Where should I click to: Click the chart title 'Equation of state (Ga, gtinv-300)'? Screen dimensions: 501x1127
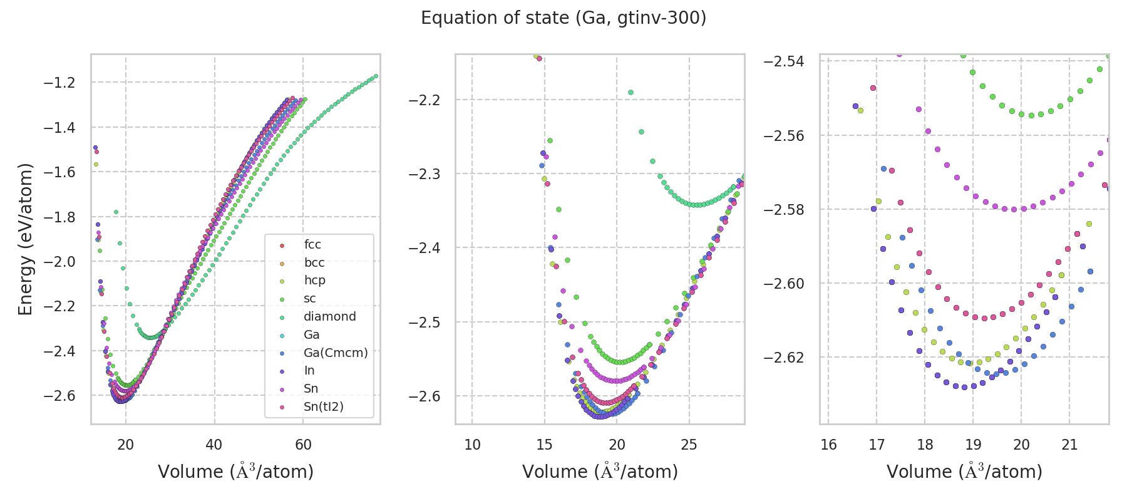[563, 18]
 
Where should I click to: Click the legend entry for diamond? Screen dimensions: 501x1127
[329, 317]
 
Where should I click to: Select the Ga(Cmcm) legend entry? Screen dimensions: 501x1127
[336, 353]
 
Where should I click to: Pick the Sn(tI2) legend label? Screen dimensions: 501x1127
[323, 407]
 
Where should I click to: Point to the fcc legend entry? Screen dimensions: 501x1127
[312, 245]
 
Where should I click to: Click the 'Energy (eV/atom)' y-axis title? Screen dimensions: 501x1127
[25, 239]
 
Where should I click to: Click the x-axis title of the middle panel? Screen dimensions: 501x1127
[600, 472]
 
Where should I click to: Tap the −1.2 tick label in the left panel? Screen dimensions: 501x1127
[59, 83]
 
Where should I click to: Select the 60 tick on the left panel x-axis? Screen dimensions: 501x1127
[303, 445]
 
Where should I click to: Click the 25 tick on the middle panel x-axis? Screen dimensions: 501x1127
[689, 445]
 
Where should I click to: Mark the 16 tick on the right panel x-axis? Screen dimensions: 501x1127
[828, 445]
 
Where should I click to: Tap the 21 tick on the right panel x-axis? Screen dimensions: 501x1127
[1069, 445]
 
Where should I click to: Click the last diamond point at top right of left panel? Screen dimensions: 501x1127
[376, 76]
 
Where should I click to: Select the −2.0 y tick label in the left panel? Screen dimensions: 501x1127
[59, 262]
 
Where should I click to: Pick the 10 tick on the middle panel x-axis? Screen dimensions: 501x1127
[472, 445]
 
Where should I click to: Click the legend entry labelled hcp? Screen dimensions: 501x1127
[314, 281]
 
